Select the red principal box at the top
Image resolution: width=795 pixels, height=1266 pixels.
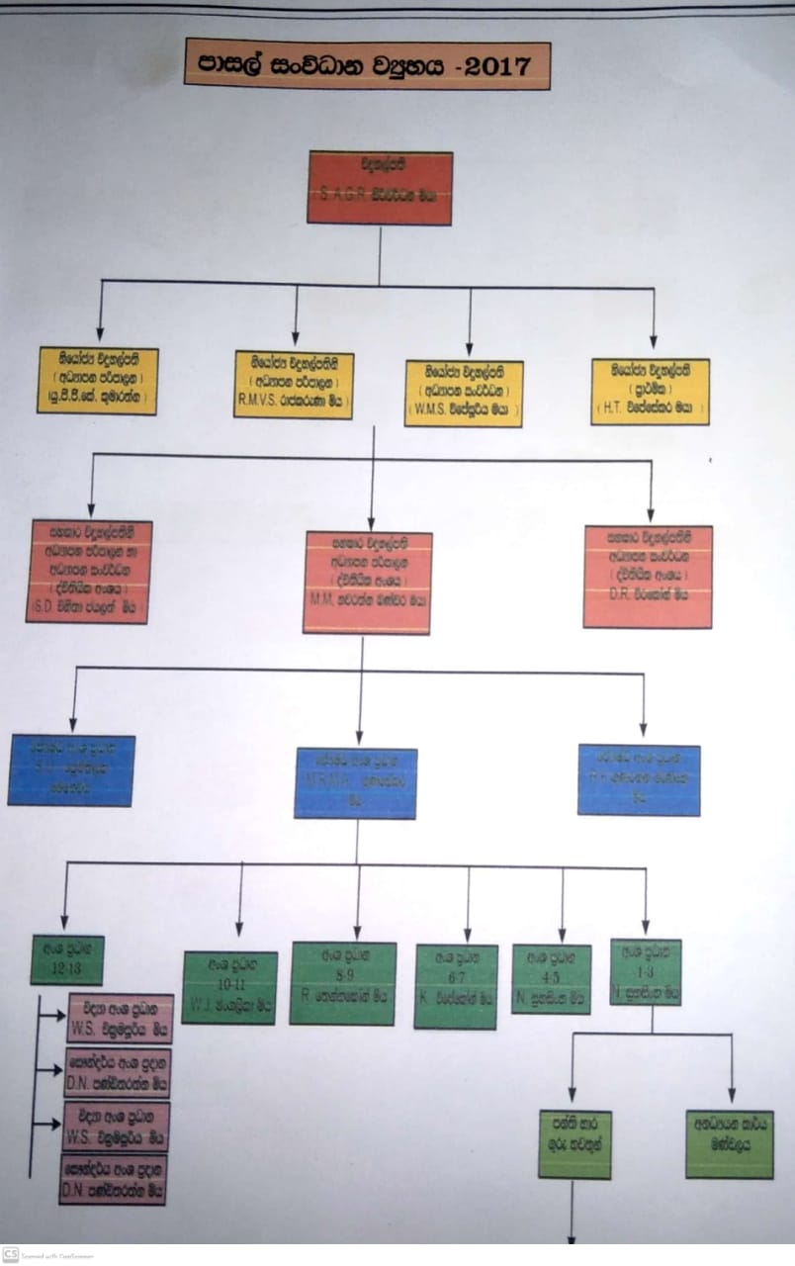[380, 188]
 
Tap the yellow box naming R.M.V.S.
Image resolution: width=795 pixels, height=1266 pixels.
[294, 385]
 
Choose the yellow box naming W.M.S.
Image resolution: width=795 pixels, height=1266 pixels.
[464, 393]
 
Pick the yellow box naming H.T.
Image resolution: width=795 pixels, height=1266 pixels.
[650, 392]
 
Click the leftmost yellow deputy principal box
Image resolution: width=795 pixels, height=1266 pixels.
[98, 381]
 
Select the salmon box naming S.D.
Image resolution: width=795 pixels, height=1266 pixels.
[88, 572]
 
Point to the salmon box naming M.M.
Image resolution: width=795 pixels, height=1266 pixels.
[367, 583]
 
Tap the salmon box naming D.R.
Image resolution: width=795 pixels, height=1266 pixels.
[648, 577]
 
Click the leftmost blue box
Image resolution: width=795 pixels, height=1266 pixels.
[71, 770]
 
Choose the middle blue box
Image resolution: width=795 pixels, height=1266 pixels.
[355, 783]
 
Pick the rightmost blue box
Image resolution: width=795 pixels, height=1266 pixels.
[639, 779]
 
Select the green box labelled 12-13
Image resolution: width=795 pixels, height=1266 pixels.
[67, 959]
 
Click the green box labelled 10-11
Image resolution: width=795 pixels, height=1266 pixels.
[229, 987]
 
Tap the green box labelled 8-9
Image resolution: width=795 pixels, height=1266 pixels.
[343, 983]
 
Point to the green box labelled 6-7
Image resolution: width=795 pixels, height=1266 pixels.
[456, 987]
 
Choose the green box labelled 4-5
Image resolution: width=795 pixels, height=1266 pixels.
[551, 979]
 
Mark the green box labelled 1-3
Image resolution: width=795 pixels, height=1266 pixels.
[646, 972]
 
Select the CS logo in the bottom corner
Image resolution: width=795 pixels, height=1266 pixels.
[11, 1254]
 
